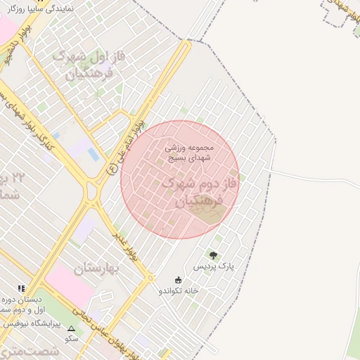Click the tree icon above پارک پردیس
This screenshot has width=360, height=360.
(x=213, y=255)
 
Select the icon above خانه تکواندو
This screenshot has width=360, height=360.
(x=178, y=279)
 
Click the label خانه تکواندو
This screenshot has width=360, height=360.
(x=179, y=290)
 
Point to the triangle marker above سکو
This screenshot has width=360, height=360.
(x=71, y=328)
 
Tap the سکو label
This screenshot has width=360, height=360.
(x=71, y=338)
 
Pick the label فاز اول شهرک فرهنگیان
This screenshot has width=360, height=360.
(x=98, y=63)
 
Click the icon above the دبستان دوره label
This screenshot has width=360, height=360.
(x=22, y=288)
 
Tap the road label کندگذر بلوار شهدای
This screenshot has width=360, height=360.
(x=32, y=115)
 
